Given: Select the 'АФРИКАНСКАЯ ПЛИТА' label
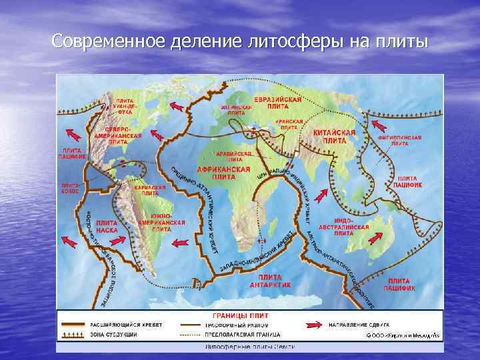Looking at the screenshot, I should click(225, 173).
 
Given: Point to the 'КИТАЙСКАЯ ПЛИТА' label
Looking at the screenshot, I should click(334, 137).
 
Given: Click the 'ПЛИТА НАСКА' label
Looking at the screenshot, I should click(108, 227).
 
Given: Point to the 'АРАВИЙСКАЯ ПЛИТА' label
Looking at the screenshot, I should click(234, 156).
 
